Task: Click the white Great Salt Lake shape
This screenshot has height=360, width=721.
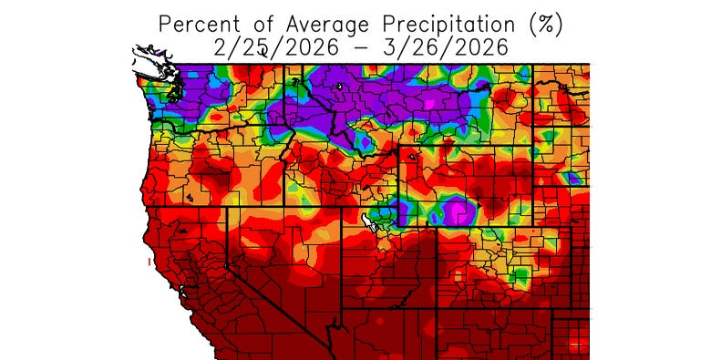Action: point(373,220)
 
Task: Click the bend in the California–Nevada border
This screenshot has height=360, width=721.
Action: point(226,258)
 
